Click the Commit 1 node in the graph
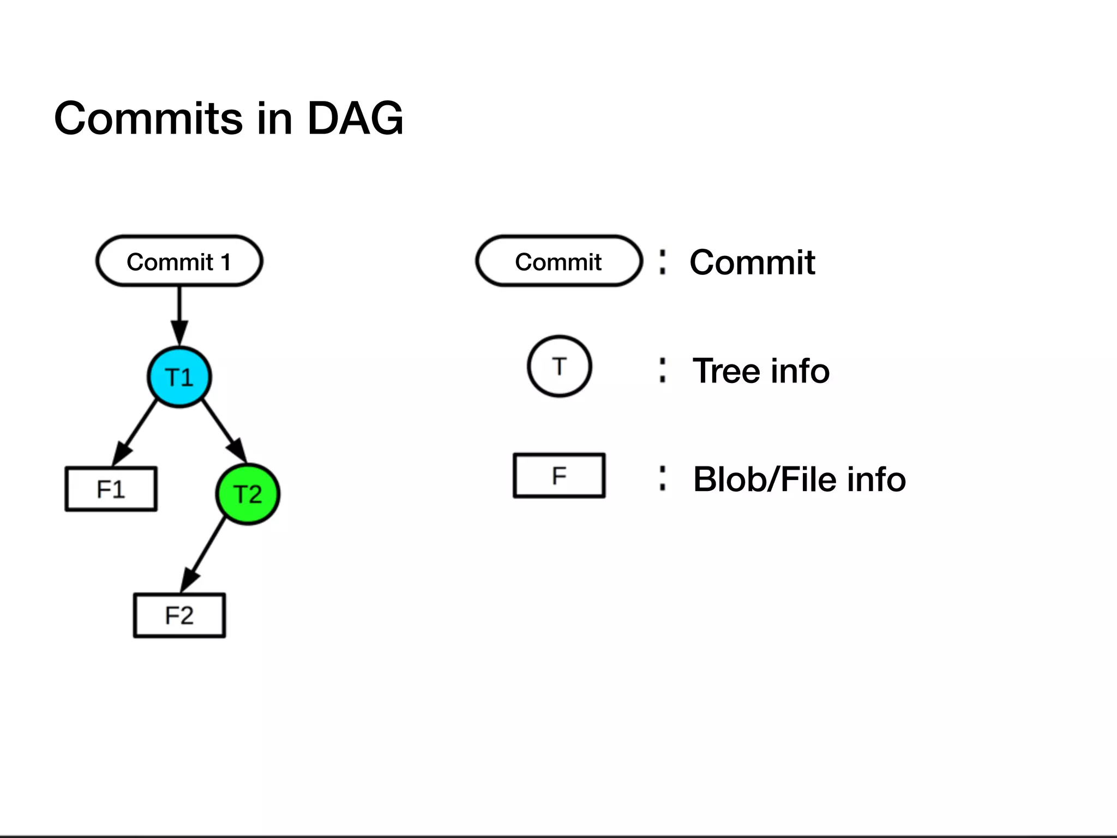coord(179,261)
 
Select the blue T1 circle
coord(179,377)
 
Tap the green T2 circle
coord(248,494)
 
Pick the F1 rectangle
coord(111,489)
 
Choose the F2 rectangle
coord(179,615)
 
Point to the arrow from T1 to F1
coord(136,431)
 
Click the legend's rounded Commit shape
coord(558,261)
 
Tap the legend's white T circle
coord(560,366)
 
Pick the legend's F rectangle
coord(559,476)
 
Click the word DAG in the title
coord(355,118)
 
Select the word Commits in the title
coord(148,118)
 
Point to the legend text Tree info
coord(761,371)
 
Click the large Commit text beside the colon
coord(752,262)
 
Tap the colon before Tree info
coord(662,370)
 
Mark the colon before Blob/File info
coord(662,478)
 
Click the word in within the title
coord(274,118)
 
